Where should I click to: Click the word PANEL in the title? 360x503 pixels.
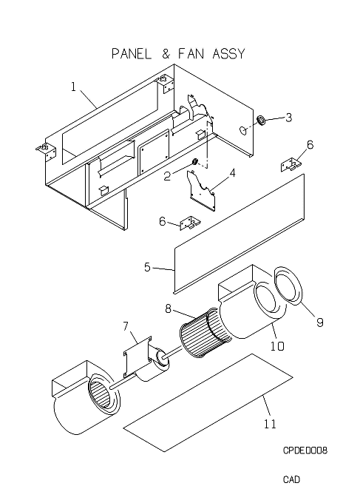point(132,53)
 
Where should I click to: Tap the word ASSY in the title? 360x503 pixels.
point(228,53)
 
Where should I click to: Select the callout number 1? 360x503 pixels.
point(74,87)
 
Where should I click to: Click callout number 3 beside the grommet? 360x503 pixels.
point(289,118)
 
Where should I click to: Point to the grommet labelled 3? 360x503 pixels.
point(261,121)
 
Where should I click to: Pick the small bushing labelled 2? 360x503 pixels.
point(194,161)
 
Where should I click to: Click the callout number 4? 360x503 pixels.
point(232,173)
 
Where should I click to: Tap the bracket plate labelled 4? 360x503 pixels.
point(201,191)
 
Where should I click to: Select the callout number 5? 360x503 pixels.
point(147,267)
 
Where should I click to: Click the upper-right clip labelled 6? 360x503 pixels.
point(291,165)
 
